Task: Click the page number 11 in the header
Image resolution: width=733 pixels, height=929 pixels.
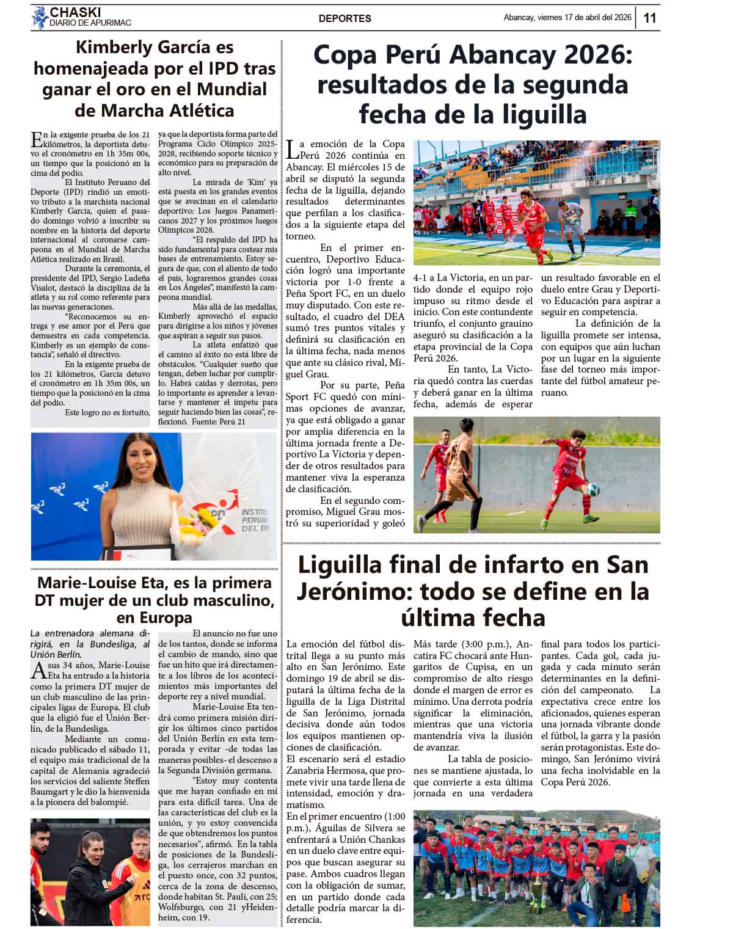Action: pos(650,18)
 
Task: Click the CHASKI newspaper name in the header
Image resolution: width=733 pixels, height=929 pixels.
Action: pos(75,12)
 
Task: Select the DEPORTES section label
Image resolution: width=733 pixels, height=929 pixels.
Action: pos(345,18)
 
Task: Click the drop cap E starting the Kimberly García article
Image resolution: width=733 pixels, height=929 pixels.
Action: pos(37,139)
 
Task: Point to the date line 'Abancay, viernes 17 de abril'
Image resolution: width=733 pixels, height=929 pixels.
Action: pos(567,18)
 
